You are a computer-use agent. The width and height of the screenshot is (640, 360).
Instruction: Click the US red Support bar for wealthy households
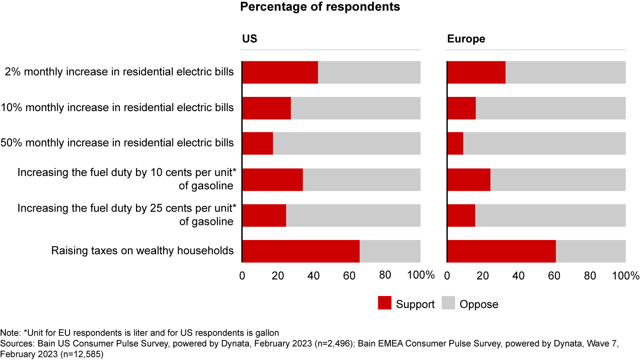pyautogui.click(x=301, y=251)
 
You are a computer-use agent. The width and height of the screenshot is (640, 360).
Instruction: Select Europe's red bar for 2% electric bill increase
pyautogui.click(x=476, y=72)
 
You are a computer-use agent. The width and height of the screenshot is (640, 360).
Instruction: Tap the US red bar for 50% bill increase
pyautogui.click(x=258, y=144)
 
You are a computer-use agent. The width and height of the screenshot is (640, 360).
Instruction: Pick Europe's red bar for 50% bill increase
pyautogui.click(x=456, y=144)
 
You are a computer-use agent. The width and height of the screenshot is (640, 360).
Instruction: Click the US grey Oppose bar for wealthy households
pyautogui.click(x=390, y=251)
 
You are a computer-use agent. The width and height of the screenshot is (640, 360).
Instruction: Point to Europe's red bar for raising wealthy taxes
pyautogui.click(x=501, y=251)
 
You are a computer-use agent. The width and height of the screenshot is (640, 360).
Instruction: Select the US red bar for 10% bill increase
pyautogui.click(x=267, y=108)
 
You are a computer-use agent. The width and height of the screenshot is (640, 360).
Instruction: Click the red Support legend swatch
pyautogui.click(x=384, y=304)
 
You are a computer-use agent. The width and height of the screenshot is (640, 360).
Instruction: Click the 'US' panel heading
pyautogui.click(x=249, y=39)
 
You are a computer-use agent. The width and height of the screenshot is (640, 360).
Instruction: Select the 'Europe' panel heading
pyautogui.click(x=466, y=39)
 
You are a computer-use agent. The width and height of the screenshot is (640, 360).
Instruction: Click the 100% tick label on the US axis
pyautogui.click(x=420, y=276)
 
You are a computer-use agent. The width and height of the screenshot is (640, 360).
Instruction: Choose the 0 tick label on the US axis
pyautogui.click(x=242, y=276)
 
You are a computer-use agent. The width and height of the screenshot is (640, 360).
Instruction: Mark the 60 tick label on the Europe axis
pyautogui.click(x=554, y=276)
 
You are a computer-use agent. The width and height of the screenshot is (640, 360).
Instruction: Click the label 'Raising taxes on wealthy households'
pyautogui.click(x=142, y=251)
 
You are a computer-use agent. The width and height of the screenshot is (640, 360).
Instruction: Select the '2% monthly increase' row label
pyautogui.click(x=119, y=72)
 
